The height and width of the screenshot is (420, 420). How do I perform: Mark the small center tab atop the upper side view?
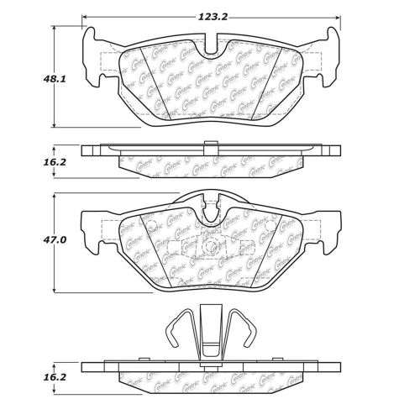pos(212,140)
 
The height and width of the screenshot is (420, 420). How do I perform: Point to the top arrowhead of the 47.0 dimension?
pos(56,196)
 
